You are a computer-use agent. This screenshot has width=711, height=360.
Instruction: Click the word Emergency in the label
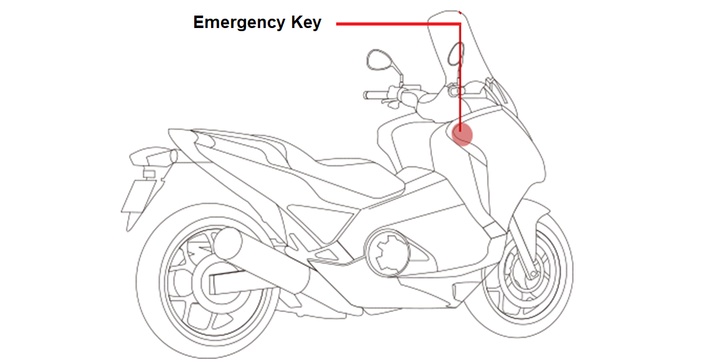click(240, 23)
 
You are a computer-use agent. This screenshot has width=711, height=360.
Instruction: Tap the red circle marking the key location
click(461, 133)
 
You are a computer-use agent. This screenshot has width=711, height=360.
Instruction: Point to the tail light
click(149, 156)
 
